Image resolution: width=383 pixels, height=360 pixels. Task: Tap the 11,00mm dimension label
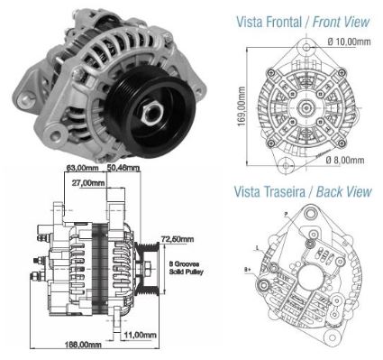point(143,334)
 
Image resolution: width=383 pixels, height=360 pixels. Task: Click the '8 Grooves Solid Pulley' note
point(188,267)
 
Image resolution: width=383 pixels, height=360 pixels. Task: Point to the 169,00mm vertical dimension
point(242,107)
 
